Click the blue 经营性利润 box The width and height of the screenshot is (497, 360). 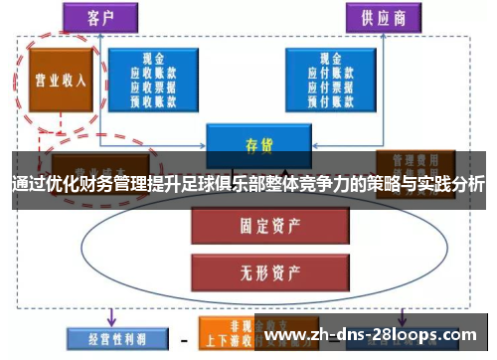pos(105,336)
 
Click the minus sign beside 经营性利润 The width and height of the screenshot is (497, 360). pos(182,336)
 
